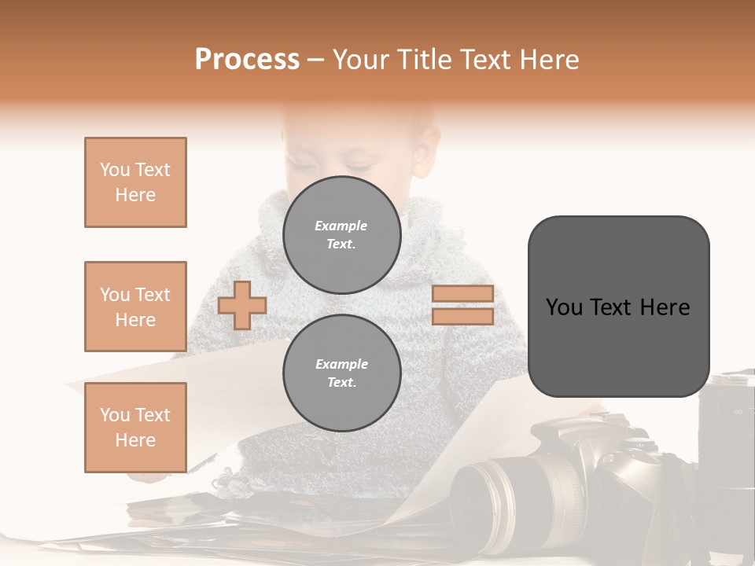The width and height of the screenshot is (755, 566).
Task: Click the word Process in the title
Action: click(x=247, y=60)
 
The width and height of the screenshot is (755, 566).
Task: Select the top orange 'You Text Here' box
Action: click(x=135, y=182)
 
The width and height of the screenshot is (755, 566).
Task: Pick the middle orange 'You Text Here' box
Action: click(x=135, y=307)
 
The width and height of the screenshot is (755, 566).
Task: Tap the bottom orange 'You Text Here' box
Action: click(x=135, y=428)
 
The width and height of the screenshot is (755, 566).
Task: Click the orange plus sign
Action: click(x=242, y=305)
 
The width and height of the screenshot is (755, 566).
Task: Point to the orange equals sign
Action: click(x=462, y=305)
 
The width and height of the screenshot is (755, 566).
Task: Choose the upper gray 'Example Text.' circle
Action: click(x=341, y=235)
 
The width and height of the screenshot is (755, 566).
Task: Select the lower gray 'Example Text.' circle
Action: click(x=341, y=373)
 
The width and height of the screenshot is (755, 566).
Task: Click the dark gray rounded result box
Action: click(x=618, y=307)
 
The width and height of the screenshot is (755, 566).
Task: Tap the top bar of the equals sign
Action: click(x=462, y=294)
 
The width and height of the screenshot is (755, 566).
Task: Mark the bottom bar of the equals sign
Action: click(x=462, y=316)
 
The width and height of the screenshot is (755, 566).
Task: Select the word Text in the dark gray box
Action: click(x=617, y=307)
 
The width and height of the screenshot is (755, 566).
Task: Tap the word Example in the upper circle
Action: click(x=341, y=226)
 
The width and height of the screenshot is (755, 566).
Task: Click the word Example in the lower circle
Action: click(x=341, y=364)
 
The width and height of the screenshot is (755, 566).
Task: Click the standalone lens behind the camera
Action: click(x=727, y=417)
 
